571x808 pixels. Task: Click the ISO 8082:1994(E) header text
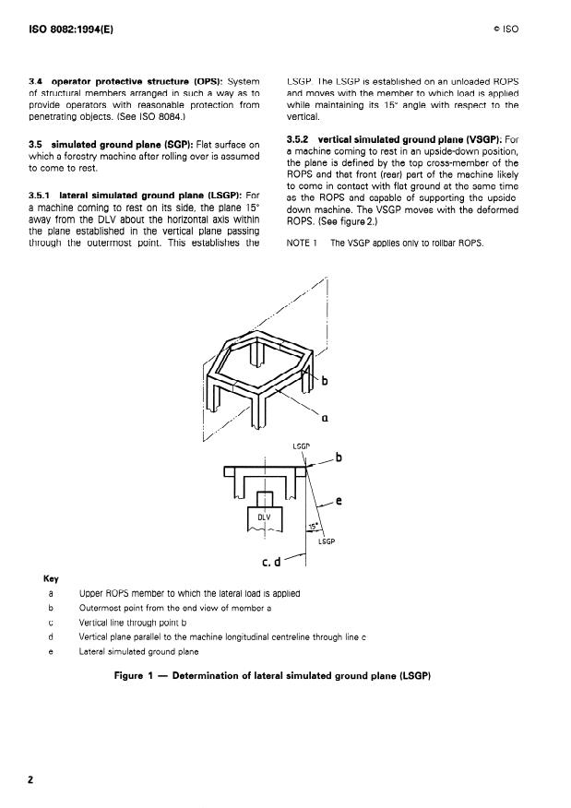pos(71,30)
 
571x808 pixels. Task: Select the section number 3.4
pos(36,81)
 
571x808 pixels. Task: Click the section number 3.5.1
pos(40,196)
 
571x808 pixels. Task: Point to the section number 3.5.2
pos(297,139)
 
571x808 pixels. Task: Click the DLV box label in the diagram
pos(264,517)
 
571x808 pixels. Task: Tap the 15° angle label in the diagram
pos(314,527)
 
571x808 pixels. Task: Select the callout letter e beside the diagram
pos(339,500)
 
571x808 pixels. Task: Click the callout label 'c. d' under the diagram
pos(271,562)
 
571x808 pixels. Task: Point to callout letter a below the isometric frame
pos(325,418)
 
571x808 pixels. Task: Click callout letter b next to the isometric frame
pos(325,381)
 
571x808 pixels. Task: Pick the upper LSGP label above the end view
pos(302,446)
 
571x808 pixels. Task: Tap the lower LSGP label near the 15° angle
pos(327,541)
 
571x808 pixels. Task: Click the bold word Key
pos(51,578)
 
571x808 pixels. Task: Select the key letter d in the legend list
pos(51,637)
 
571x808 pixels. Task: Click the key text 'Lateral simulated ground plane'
pos(138,651)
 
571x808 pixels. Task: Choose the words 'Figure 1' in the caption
pos(134,675)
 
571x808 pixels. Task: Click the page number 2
pos(30,779)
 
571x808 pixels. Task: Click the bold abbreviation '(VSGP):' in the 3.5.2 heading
pos(484,139)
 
